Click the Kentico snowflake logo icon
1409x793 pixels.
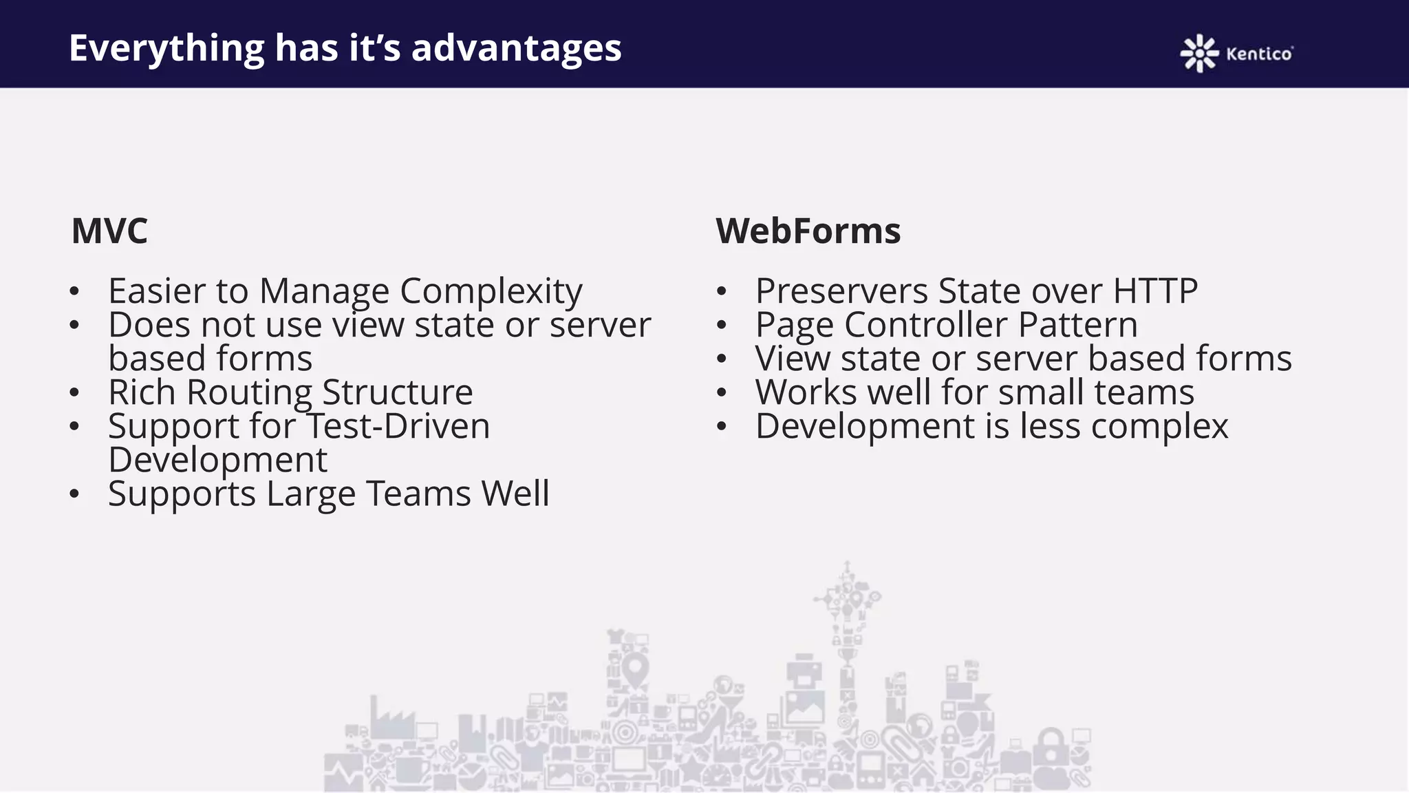(1199, 53)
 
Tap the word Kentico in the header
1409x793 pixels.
(1259, 54)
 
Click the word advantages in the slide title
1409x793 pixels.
(516, 48)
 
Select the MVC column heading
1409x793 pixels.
(109, 231)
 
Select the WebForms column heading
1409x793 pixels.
(808, 231)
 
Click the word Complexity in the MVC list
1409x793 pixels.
(491, 292)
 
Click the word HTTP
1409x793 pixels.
(1155, 290)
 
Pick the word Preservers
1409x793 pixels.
(842, 290)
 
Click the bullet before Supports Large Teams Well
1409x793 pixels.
(74, 494)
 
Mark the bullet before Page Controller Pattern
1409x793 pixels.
(721, 325)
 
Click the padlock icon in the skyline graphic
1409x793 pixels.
(1051, 747)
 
